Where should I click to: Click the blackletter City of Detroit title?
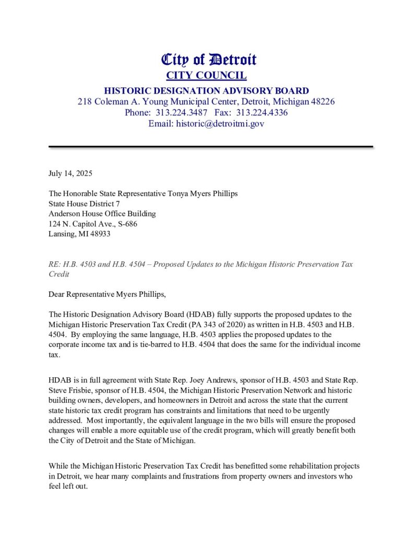coord(208,60)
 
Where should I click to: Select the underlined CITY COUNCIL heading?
coord(206,75)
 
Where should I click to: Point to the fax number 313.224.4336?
coord(262,112)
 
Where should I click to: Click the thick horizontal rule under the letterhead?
coord(210,147)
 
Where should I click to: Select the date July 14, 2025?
coord(70,173)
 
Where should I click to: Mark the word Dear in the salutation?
coord(56,294)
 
